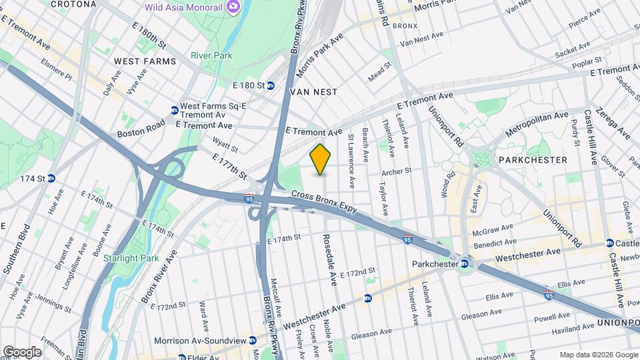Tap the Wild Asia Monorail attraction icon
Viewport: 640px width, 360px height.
233,7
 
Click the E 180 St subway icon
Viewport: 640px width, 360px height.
271,85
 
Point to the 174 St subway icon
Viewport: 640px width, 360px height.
51,179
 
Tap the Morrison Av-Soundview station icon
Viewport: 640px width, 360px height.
253,340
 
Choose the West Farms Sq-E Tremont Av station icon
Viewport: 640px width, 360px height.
174,110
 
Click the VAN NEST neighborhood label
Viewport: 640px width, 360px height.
313,91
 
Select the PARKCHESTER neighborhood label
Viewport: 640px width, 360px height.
533,160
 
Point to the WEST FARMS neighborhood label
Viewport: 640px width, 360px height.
145,61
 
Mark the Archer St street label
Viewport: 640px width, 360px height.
396,171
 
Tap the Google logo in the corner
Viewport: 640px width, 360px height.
22,351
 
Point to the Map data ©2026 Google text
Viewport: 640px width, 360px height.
598,355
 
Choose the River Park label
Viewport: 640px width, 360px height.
211,55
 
